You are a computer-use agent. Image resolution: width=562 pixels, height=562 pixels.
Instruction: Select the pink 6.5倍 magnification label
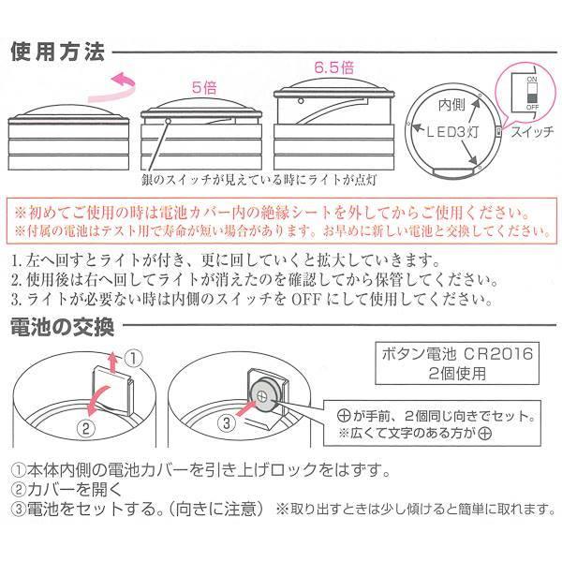[333, 67]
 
